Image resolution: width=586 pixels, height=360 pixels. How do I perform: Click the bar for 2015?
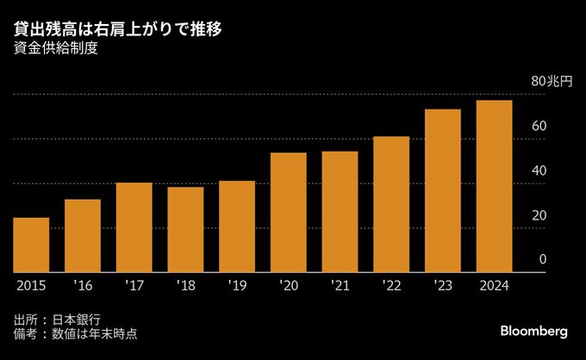pyautogui.click(x=31, y=245)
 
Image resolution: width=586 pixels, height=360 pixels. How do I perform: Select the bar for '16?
pyautogui.click(x=83, y=235)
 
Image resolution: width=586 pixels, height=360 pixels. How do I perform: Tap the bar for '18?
pyautogui.click(x=185, y=229)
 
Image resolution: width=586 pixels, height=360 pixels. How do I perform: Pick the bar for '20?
pyautogui.click(x=288, y=212)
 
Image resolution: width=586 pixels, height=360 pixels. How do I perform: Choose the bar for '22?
pyautogui.click(x=391, y=204)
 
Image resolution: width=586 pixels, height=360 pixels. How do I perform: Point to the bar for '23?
pyautogui.click(x=443, y=190)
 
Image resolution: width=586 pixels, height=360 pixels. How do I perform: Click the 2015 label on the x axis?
pyautogui.click(x=31, y=286)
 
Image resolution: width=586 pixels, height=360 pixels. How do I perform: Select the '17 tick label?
pyautogui.click(x=134, y=286)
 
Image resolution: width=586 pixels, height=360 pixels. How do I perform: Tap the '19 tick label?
pyautogui.click(x=237, y=286)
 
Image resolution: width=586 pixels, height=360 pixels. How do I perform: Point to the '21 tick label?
pyautogui.click(x=340, y=286)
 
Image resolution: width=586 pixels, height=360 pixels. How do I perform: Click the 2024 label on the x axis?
pyautogui.click(x=494, y=286)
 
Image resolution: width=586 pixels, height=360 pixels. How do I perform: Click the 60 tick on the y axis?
pyautogui.click(x=539, y=127)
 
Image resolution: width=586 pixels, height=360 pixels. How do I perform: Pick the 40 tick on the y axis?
pyautogui.click(x=539, y=171)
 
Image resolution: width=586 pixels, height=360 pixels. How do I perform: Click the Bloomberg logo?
pyautogui.click(x=534, y=332)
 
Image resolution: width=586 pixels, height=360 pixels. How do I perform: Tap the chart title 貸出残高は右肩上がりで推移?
pyautogui.click(x=120, y=30)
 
